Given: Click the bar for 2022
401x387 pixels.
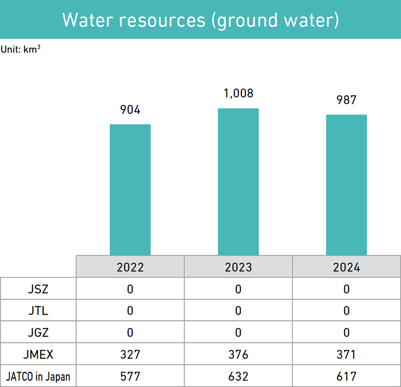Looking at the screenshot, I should point(130,190).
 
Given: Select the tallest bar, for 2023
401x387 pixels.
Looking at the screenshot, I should point(238,181).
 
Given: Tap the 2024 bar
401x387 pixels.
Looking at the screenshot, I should point(347,185).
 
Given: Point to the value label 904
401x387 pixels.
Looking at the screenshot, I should point(130,110).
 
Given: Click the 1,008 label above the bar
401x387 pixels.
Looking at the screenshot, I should point(238,94).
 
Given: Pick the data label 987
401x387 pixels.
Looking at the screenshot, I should point(347,100).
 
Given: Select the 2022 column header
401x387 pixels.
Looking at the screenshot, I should point(130,267).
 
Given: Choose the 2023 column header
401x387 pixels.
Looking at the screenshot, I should point(238,267).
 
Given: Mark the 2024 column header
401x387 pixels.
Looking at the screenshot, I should point(347,267).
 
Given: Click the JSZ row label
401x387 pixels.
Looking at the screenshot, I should point(38,289).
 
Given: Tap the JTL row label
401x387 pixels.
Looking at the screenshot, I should point(38,311).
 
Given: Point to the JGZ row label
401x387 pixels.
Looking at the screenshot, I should point(38,332).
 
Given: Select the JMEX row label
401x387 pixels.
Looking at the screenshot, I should point(38,354).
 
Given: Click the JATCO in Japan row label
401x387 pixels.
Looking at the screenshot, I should point(38,377).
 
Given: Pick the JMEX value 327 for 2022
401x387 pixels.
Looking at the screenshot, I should point(130,354).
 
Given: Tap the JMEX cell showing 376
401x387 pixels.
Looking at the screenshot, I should point(238,354).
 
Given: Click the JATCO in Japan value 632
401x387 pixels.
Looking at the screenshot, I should point(238,377).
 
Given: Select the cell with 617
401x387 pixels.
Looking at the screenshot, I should point(347,377).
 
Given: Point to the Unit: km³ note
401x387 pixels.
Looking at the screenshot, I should point(20,49).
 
